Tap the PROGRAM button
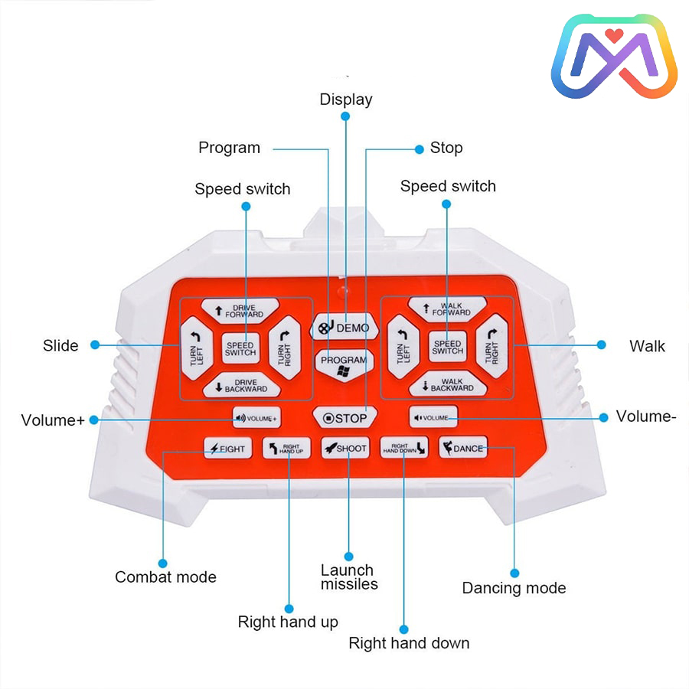pyautogui.click(x=344, y=364)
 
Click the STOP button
pyautogui.click(x=345, y=418)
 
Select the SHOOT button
pyautogui.click(x=345, y=448)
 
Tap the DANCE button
pyautogui.click(x=463, y=447)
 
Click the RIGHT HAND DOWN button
pyautogui.click(x=403, y=447)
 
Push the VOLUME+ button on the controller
pyautogui.click(x=256, y=418)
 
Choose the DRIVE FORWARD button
pyautogui.click(x=240, y=311)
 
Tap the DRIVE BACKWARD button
pyautogui.click(x=242, y=385)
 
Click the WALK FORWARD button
pyautogui.click(x=447, y=309)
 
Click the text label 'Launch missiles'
pyautogui.click(x=349, y=577)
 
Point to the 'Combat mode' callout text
pyautogui.click(x=165, y=577)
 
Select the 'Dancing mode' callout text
pyautogui.click(x=514, y=588)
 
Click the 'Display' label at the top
pyautogui.click(x=346, y=100)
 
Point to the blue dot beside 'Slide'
pyautogui.click(x=95, y=345)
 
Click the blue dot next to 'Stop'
pyautogui.click(x=420, y=149)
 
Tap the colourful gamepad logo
pyautogui.click(x=614, y=56)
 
